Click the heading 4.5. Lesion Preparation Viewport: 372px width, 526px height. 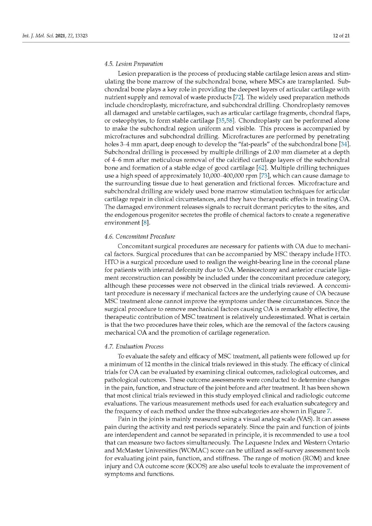134,64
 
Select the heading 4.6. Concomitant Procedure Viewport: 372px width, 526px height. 139,236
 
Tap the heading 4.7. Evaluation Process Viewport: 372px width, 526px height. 134,347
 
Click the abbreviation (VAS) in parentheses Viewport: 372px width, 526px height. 305,419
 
